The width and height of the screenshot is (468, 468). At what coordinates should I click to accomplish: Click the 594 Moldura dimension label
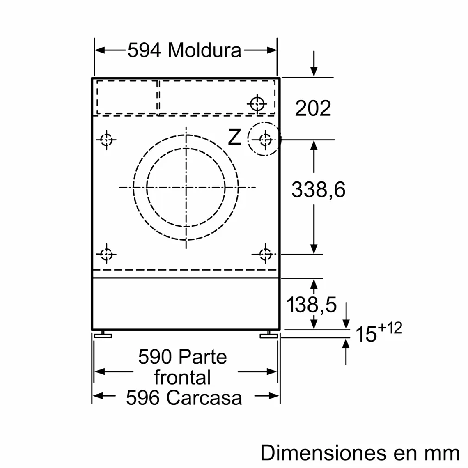(x=184, y=50)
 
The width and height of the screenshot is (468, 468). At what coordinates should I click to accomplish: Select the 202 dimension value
(x=313, y=108)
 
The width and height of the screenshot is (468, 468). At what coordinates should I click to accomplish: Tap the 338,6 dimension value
(x=318, y=190)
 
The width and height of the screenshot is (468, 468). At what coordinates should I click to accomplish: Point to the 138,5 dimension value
(x=311, y=305)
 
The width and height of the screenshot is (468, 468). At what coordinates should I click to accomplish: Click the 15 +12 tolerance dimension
(x=378, y=333)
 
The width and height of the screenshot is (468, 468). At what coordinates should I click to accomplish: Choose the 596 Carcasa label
(x=184, y=397)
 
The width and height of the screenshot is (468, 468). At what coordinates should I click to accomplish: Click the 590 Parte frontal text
(x=183, y=367)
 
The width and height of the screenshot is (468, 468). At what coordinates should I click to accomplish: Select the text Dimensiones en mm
(x=360, y=453)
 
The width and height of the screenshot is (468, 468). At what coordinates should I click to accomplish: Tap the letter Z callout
(x=234, y=137)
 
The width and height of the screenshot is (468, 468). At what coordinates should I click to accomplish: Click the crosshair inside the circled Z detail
(x=266, y=140)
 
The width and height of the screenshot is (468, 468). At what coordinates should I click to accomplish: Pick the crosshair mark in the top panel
(x=257, y=103)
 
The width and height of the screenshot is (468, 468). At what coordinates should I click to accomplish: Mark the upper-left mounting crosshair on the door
(x=106, y=140)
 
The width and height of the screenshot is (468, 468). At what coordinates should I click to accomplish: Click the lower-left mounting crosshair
(x=106, y=254)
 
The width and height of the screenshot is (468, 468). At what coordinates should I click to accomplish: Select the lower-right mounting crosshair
(x=265, y=254)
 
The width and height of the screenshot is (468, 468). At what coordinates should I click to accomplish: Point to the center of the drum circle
(x=186, y=188)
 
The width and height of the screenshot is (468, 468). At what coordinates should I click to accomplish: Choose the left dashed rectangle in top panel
(x=127, y=97)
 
